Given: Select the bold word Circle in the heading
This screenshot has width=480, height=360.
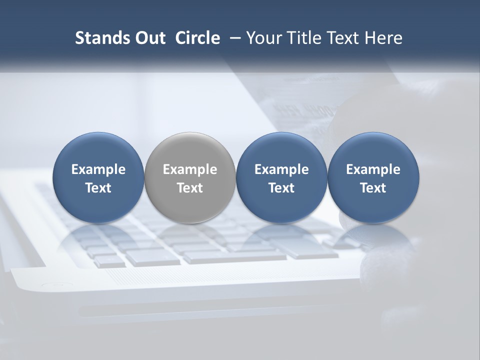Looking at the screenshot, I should [197, 38].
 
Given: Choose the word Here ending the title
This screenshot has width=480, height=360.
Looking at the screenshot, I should [384, 38].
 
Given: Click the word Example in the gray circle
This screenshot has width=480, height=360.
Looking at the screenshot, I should [190, 169].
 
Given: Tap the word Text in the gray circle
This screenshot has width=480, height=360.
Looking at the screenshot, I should [190, 188].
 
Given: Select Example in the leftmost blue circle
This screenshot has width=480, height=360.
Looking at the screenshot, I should [98, 169].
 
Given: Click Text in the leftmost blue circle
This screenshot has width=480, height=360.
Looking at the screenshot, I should [98, 188].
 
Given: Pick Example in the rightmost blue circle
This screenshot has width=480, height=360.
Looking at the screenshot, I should [373, 169].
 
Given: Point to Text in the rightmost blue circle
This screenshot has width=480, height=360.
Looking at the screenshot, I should [373, 188].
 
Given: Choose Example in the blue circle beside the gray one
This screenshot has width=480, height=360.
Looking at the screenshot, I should [281, 169].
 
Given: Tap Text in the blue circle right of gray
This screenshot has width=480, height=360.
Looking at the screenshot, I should [281, 188].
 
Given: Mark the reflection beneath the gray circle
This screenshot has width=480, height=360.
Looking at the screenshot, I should [190, 237].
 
